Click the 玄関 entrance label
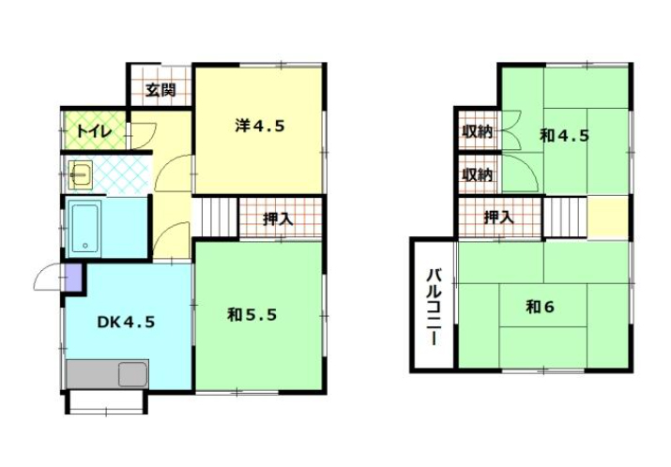coord(160,90)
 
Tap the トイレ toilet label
coord(94,131)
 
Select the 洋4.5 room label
coord(260,127)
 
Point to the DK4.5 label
coord(126,322)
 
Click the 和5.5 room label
coord(252,315)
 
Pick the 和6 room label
coord(540,307)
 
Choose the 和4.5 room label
coord(565,136)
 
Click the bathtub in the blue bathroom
coord(84,229)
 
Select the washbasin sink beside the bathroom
coord(81,175)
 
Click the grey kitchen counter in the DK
coord(107,374)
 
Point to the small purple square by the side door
coord(73,278)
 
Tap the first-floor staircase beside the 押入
coord(214,218)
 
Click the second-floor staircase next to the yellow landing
coord(566,217)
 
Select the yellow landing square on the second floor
coord(608,218)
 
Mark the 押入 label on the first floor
coord(278,218)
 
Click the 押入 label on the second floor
coord(499,218)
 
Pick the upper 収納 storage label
coord(478,131)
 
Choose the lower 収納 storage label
coord(478,174)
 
